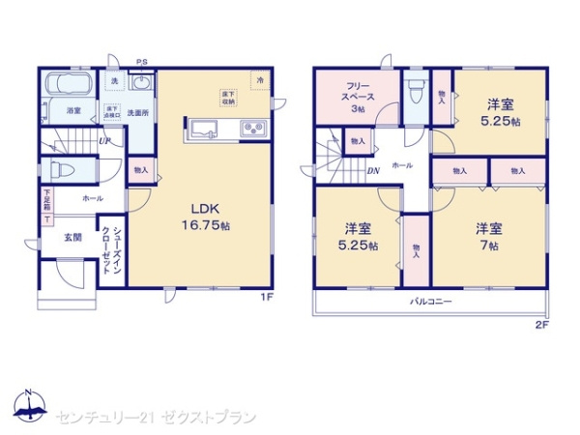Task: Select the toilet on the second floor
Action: coord(415,93)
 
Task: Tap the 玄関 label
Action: coord(73,237)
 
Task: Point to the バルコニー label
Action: coord(431,302)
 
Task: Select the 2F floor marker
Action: coord(541,326)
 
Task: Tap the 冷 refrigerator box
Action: coord(259,80)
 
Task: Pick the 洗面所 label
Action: coord(139,112)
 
